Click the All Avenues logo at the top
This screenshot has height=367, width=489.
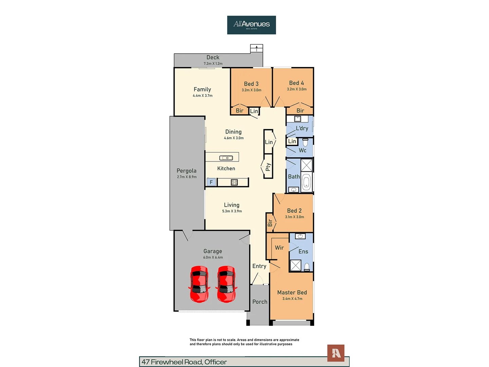pyautogui.click(x=251, y=25)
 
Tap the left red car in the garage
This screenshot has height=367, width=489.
pyautogui.click(x=199, y=284)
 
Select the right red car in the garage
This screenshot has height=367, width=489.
pyautogui.click(x=226, y=284)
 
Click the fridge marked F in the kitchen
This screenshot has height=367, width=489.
pyautogui.click(x=211, y=182)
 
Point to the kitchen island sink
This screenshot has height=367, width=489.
pyautogui.click(x=226, y=158)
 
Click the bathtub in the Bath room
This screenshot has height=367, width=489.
pyautogui.click(x=306, y=182)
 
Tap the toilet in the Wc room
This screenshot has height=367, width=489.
pyautogui.click(x=305, y=142)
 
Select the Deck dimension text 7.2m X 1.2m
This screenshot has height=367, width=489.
pyautogui.click(x=213, y=64)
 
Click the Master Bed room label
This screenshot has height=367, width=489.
pyautogui.click(x=292, y=292)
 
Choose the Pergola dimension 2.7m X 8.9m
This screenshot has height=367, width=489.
pyautogui.click(x=186, y=177)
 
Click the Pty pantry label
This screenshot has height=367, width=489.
pyautogui.click(x=268, y=167)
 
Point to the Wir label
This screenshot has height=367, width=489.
pyautogui.click(x=279, y=248)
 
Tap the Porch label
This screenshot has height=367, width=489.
pyautogui.click(x=260, y=302)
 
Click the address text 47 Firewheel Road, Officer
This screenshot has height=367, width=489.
pyautogui.click(x=184, y=362)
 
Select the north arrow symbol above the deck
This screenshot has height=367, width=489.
pyautogui.click(x=256, y=49)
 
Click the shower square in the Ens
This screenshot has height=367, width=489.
pyautogui.click(x=295, y=265)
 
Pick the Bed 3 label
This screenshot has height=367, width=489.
pyautogui.click(x=251, y=84)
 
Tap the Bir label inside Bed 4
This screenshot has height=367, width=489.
pyautogui.click(x=300, y=110)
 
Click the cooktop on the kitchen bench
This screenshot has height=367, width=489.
pyautogui.click(x=234, y=182)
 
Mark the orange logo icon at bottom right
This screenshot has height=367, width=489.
pyautogui.click(x=336, y=353)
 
